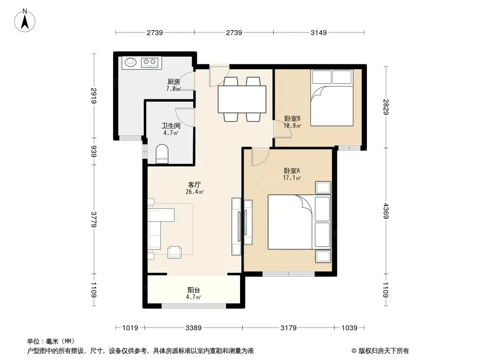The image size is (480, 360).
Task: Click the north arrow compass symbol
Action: [x=25, y=21]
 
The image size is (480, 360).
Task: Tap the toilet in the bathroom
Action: [x=162, y=154]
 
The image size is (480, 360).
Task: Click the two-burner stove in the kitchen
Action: [x=149, y=63]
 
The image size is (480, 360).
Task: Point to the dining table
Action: [x=242, y=99]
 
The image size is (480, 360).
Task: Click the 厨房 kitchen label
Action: [x=173, y=81]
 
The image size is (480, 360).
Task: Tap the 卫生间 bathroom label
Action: [x=171, y=126]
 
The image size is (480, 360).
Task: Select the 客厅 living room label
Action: [x=194, y=185]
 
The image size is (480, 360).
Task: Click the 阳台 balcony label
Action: [x=194, y=290]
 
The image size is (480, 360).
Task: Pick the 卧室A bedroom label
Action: [x=292, y=171]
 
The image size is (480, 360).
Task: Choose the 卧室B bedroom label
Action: [x=292, y=118]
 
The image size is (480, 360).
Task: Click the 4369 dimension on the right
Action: [x=385, y=211]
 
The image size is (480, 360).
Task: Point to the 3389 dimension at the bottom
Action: [x=194, y=328]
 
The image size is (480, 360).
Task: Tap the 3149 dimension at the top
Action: [x=319, y=32]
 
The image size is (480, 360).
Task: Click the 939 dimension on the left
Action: [x=94, y=151]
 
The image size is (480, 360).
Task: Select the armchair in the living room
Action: [x=175, y=252]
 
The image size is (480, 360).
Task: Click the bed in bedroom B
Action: [x=332, y=98]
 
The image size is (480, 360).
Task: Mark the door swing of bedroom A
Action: [x=260, y=157]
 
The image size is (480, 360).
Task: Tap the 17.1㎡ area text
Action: [x=292, y=178]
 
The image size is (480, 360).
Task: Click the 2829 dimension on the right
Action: [x=385, y=107]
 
